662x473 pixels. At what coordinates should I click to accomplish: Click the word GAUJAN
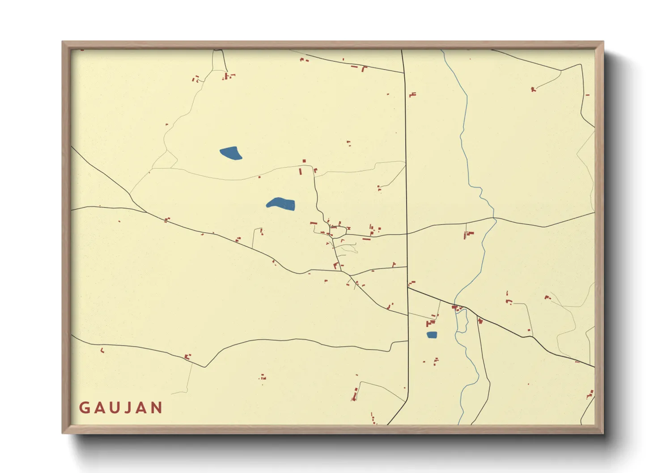click(x=121, y=408)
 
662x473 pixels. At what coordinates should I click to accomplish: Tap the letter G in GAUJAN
click(x=84, y=408)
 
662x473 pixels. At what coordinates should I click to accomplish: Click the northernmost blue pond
click(x=231, y=153)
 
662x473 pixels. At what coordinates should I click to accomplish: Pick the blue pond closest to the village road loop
click(x=281, y=204)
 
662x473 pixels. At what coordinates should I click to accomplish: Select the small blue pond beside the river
click(x=432, y=334)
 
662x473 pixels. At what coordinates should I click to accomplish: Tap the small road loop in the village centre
click(x=339, y=232)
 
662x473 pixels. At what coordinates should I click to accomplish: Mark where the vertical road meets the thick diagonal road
click(x=408, y=288)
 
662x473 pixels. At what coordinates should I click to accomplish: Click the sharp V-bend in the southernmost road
click(x=205, y=367)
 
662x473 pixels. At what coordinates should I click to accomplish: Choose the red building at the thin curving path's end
click(x=533, y=89)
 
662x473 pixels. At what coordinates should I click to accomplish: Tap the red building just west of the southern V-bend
click(x=187, y=356)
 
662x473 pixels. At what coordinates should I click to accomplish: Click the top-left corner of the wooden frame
click(x=63, y=42)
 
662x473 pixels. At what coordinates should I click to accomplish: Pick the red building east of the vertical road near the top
click(x=412, y=95)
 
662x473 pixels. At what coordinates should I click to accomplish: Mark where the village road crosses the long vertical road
click(x=407, y=233)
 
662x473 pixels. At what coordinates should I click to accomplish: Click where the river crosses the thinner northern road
click(x=494, y=218)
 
